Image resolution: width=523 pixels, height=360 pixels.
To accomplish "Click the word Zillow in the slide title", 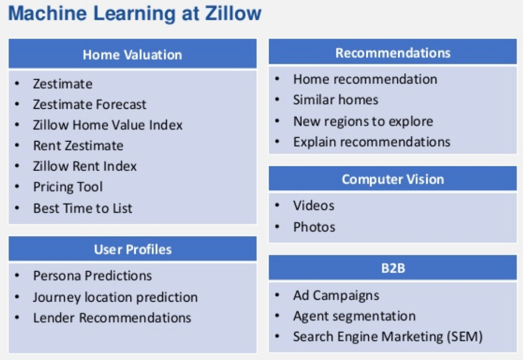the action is click(x=233, y=13).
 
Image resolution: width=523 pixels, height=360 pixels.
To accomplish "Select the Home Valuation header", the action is click(x=132, y=55).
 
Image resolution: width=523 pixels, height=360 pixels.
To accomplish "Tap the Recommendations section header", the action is click(x=393, y=53).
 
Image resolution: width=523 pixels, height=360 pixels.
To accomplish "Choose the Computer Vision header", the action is click(x=393, y=180).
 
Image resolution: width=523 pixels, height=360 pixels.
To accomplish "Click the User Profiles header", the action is click(x=133, y=249).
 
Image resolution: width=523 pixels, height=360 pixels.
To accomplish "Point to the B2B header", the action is click(x=393, y=268).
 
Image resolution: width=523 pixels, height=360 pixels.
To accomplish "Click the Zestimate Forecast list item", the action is click(x=89, y=104).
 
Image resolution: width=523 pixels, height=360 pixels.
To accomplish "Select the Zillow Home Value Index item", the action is click(x=108, y=125).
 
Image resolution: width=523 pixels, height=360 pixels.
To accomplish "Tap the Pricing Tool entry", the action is click(x=68, y=187).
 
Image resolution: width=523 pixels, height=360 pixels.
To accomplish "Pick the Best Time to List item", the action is click(x=83, y=208).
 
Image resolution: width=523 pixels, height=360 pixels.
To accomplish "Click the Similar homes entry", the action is click(x=336, y=100).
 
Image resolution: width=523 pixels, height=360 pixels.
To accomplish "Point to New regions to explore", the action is click(x=363, y=122).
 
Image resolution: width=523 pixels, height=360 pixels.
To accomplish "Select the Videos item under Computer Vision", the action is click(x=314, y=206).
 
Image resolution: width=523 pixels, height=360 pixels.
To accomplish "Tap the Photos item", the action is click(x=314, y=227).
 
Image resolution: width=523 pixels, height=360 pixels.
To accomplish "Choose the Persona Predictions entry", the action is click(x=93, y=275).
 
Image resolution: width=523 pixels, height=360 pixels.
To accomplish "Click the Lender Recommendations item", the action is click(x=112, y=318).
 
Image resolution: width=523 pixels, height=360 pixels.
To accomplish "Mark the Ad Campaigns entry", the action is click(x=336, y=295).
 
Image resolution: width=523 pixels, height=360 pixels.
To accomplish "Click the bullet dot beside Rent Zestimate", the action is click(x=17, y=145).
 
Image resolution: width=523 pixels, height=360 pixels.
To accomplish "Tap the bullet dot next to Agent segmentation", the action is click(x=277, y=316).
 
